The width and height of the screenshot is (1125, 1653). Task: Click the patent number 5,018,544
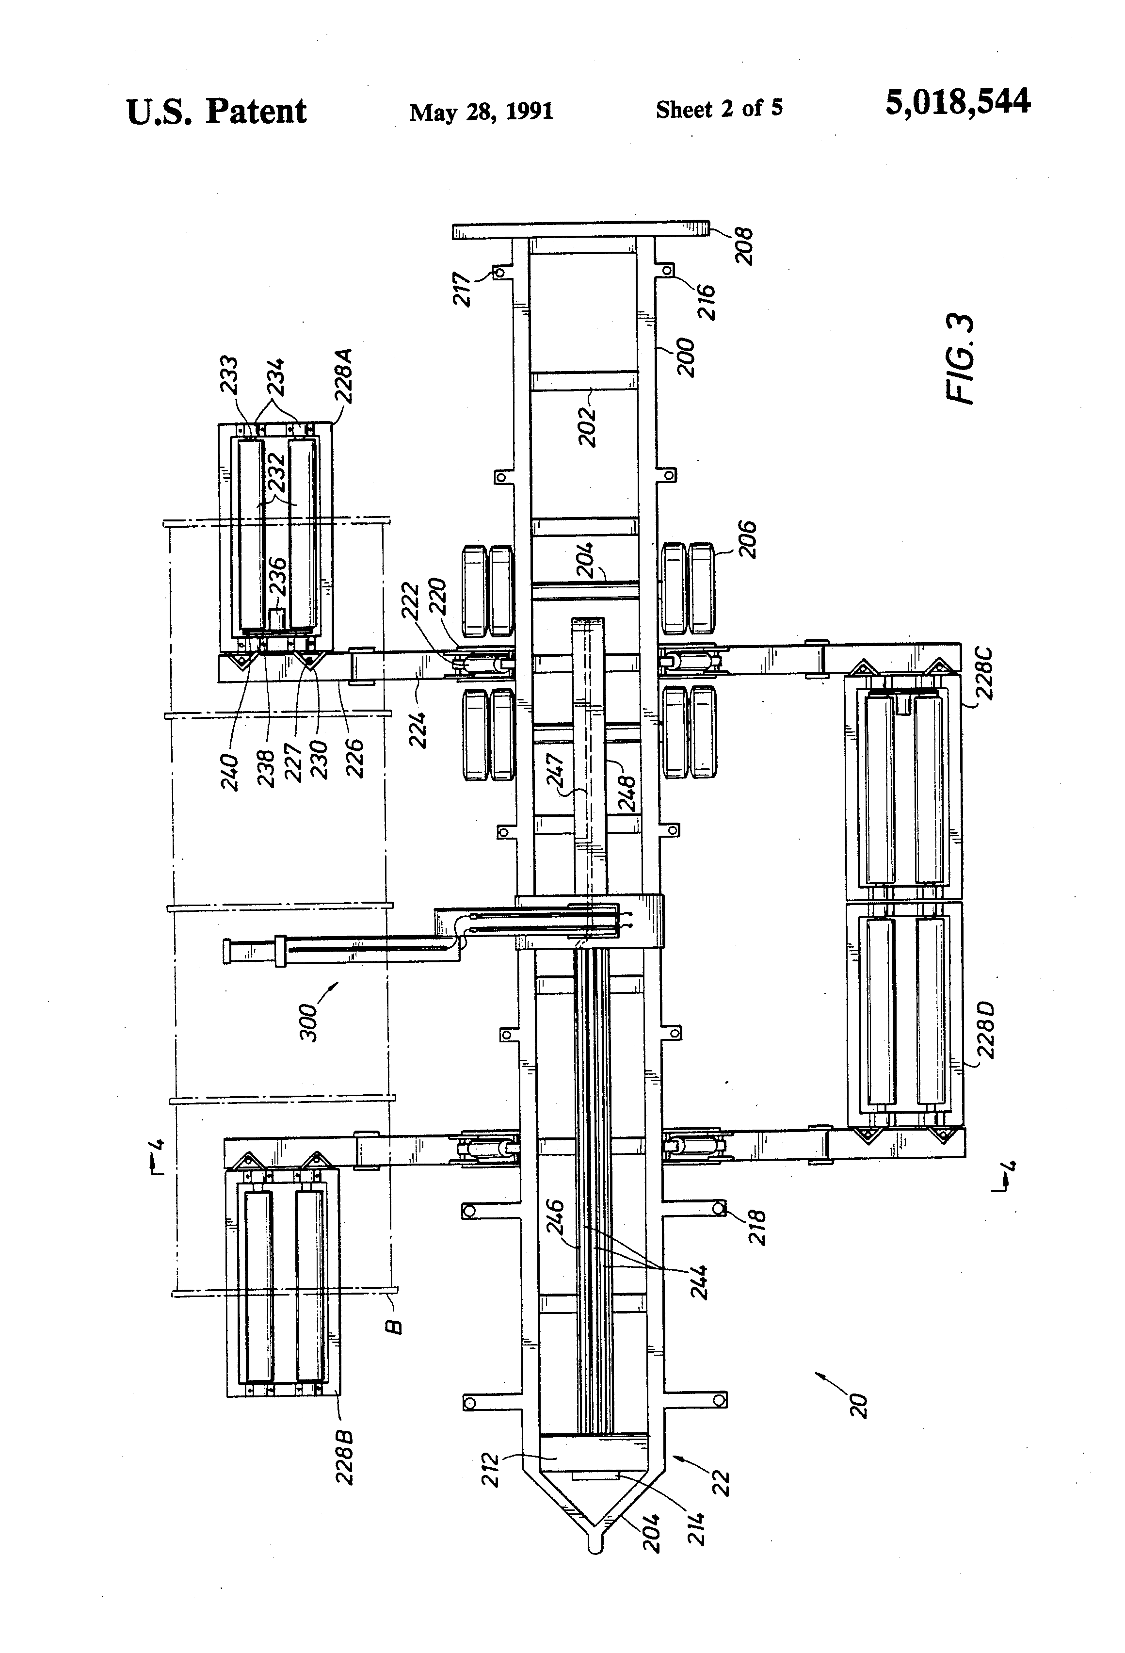click(x=957, y=102)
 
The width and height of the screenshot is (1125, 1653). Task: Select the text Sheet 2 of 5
click(x=719, y=109)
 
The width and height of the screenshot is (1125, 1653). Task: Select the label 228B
click(x=344, y=1458)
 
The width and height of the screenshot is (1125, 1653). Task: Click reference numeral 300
click(x=308, y=1022)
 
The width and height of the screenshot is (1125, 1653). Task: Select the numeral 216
click(x=706, y=302)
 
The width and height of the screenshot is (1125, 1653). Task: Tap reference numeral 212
click(x=491, y=1470)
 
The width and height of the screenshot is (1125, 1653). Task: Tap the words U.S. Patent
click(x=216, y=112)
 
